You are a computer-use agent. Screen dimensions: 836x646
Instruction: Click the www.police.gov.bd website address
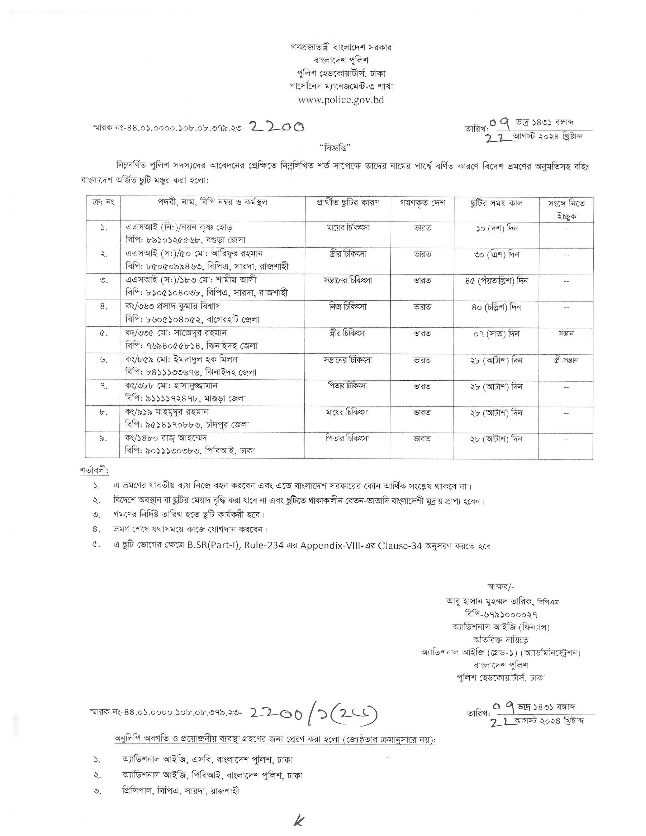pyautogui.click(x=341, y=100)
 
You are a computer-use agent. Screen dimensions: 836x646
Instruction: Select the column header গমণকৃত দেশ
pyautogui.click(x=422, y=203)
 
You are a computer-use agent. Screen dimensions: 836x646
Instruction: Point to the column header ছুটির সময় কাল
pyautogui.click(x=496, y=203)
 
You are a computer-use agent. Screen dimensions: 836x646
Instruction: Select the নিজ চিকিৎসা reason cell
pyautogui.click(x=347, y=307)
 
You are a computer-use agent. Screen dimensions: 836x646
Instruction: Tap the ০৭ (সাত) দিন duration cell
pyautogui.click(x=496, y=334)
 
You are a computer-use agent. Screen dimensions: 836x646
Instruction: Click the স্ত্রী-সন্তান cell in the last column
pyautogui.click(x=566, y=360)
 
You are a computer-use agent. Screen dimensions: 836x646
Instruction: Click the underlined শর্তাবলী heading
pyautogui.click(x=94, y=470)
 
